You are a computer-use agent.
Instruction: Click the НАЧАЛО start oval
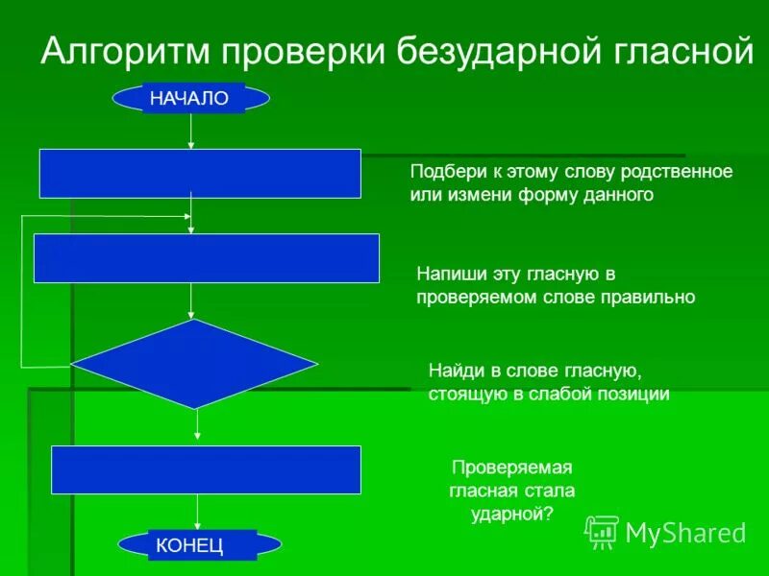pyautogui.click(x=191, y=98)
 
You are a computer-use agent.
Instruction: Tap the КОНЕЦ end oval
pyautogui.click(x=201, y=545)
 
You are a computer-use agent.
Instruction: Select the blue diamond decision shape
pyautogui.click(x=194, y=364)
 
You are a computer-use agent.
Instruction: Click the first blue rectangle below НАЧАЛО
pyautogui.click(x=200, y=173)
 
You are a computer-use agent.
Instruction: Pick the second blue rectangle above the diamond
pyautogui.click(x=207, y=258)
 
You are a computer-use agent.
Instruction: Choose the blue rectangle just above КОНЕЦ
pyautogui.click(x=206, y=469)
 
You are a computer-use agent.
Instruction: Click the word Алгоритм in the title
pyautogui.click(x=126, y=51)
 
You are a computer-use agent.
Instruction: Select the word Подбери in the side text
pyautogui.click(x=441, y=172)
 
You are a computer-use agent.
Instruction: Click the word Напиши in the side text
pyautogui.click(x=445, y=275)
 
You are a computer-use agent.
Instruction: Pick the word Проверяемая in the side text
pyautogui.click(x=511, y=468)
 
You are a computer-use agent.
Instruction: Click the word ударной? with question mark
pyautogui.click(x=511, y=514)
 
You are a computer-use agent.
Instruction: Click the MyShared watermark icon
pyautogui.click(x=602, y=531)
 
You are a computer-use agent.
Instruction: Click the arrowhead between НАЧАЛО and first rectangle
pyautogui.click(x=191, y=145)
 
